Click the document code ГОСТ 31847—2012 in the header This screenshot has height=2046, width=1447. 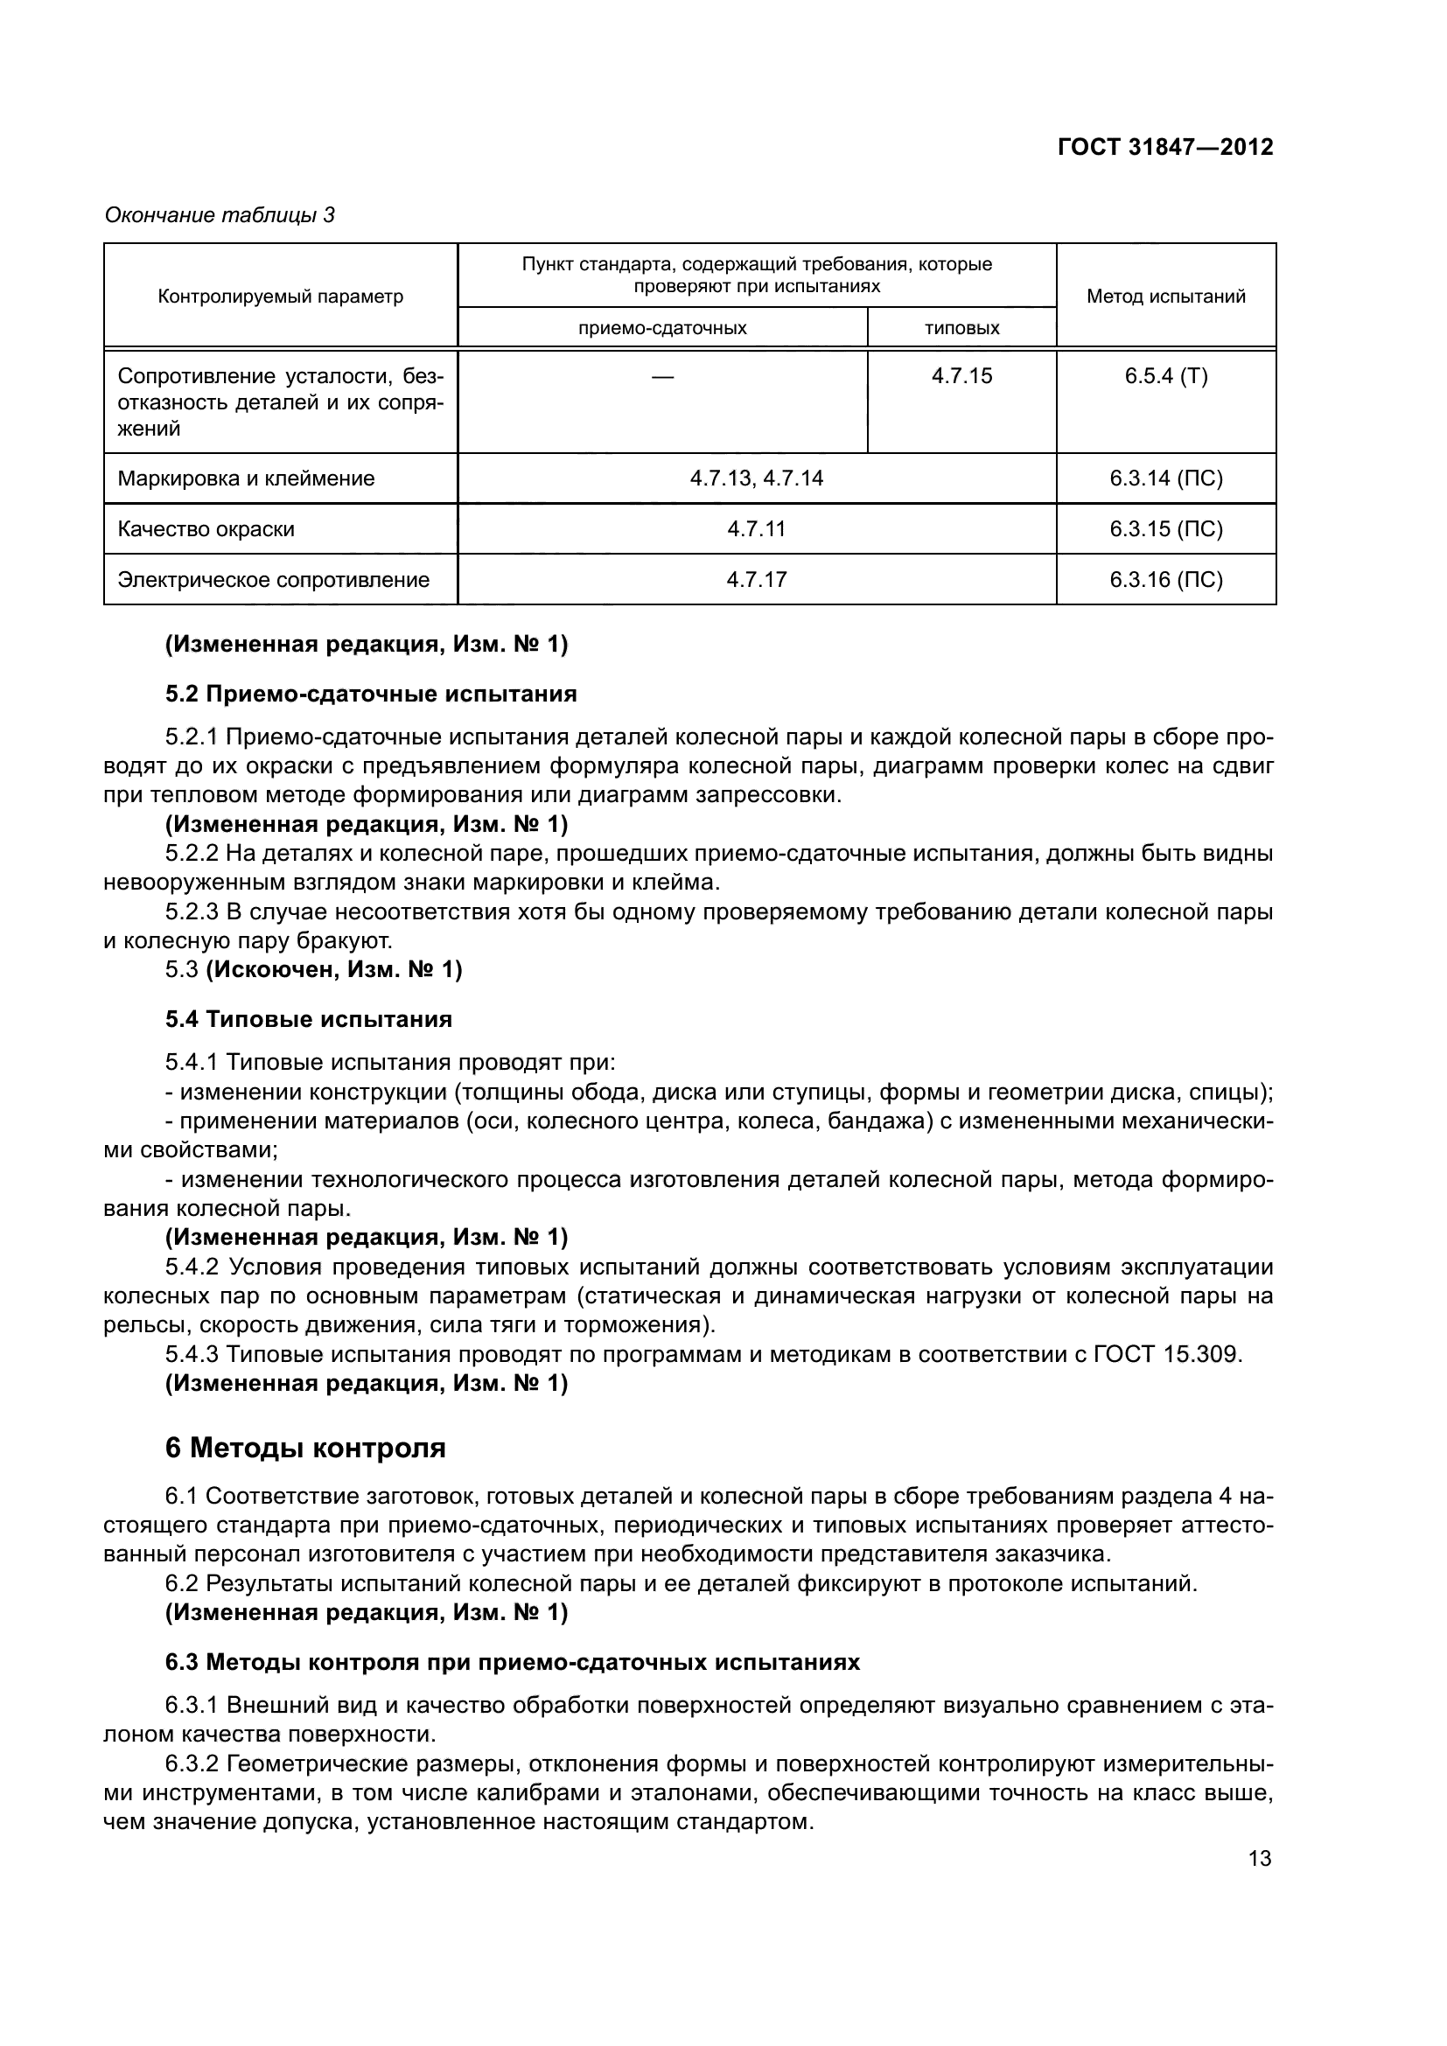tap(1164, 147)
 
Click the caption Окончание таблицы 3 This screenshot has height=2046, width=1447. tap(220, 215)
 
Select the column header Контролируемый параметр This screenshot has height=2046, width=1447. tap(280, 296)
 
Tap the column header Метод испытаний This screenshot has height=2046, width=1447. tap(1165, 296)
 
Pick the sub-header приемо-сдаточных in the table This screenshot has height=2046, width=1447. tap(662, 328)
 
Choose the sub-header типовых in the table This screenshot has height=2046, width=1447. tap(961, 328)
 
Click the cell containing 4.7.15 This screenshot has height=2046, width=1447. tap(961, 376)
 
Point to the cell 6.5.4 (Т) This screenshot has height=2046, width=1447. tap(1165, 376)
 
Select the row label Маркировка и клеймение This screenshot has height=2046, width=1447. tap(246, 478)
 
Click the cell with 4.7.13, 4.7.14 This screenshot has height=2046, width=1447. tap(757, 478)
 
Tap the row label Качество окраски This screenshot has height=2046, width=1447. tap(206, 529)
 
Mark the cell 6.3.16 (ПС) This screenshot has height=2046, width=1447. tap(1165, 580)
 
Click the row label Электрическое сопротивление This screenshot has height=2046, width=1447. tap(274, 580)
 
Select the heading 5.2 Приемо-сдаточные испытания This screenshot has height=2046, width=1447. tap(371, 694)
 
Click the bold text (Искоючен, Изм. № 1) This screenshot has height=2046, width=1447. tap(334, 969)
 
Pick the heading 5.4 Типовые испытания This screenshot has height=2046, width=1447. tap(308, 1019)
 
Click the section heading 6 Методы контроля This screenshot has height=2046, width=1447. tap(304, 1448)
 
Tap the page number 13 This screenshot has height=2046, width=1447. tap(1260, 1859)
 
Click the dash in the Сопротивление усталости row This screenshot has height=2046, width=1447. tap(662, 377)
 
